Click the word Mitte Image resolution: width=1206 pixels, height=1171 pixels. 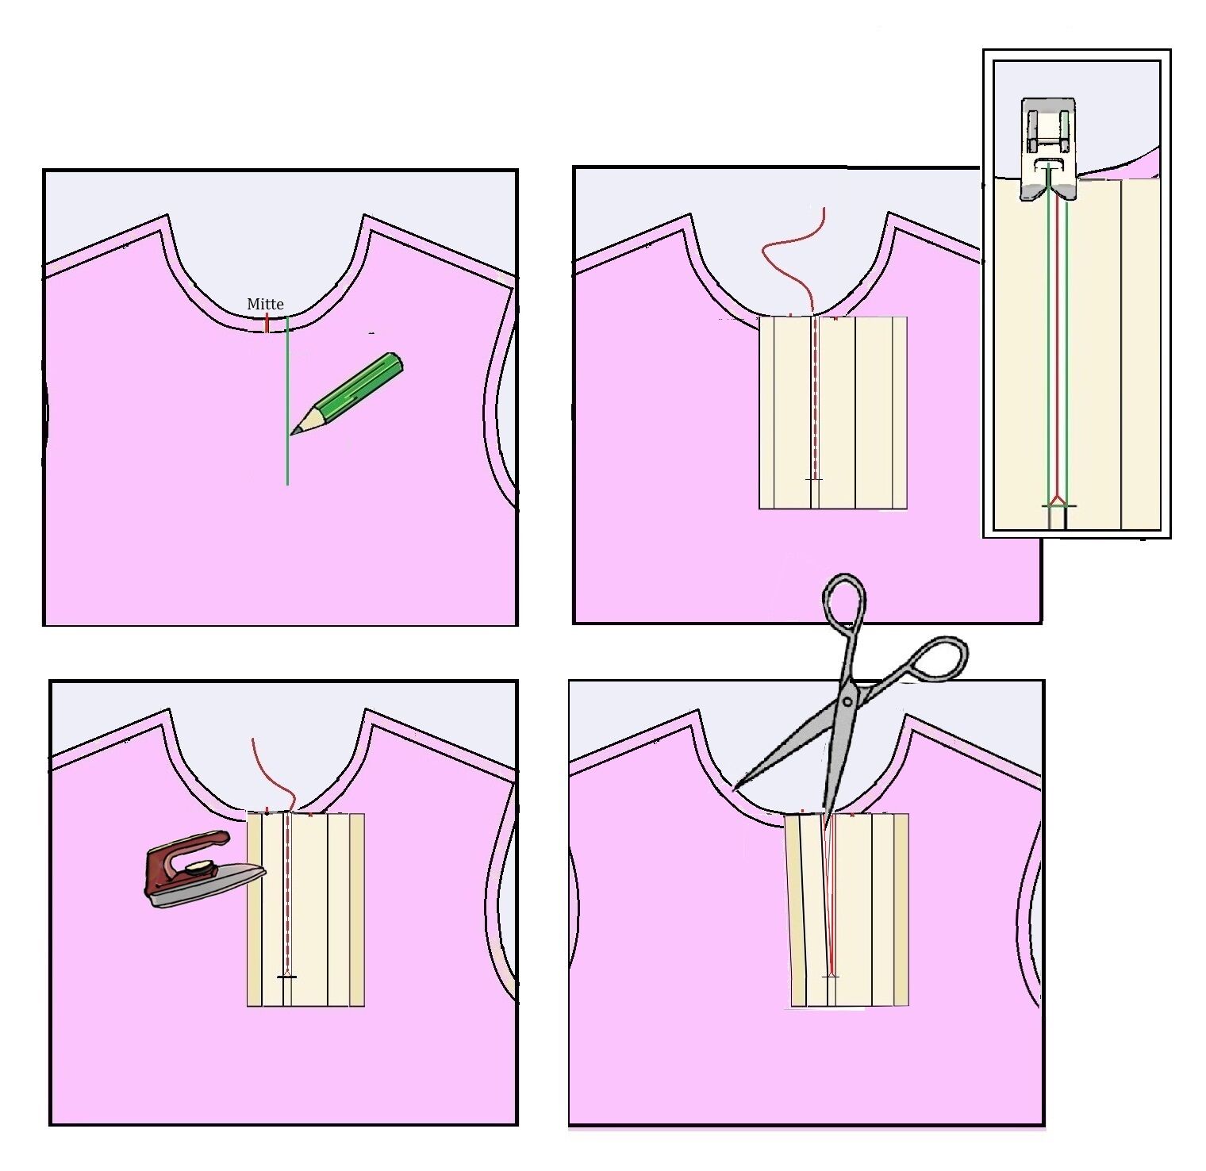[x=265, y=304]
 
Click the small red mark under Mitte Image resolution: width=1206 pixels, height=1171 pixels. [x=267, y=323]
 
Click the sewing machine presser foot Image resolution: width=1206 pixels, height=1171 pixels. [x=1047, y=148]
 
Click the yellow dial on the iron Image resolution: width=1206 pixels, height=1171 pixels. [x=202, y=869]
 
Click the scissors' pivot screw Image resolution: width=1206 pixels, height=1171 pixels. [x=848, y=701]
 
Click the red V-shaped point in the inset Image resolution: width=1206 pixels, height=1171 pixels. [x=1056, y=500]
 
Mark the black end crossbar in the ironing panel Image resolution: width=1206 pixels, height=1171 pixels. [x=286, y=977]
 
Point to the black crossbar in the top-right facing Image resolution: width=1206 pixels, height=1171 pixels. [x=814, y=479]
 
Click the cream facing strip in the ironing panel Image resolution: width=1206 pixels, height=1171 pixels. [x=305, y=909]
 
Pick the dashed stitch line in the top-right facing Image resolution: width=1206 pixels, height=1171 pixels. [x=815, y=397]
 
